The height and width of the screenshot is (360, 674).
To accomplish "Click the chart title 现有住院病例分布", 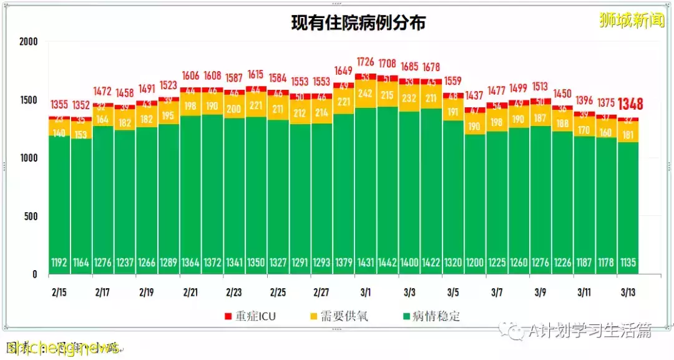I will coord(359,23).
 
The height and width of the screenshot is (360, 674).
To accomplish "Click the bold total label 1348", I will coord(630,104).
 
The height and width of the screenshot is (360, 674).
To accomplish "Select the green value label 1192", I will coord(60,263).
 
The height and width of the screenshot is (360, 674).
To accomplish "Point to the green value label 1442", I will coord(388,263).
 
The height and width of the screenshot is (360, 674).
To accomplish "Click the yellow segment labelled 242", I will coord(366,94).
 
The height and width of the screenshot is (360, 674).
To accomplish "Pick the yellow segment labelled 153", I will coord(82,135).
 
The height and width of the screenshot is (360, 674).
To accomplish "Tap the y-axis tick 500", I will coord(31,216).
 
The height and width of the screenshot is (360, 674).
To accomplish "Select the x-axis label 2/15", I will coord(60,291).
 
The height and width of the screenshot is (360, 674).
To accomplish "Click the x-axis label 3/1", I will coord(366,291).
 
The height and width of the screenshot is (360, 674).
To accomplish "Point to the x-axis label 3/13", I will coord(628,291).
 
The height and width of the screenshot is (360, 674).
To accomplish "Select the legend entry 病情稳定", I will coord(432,316).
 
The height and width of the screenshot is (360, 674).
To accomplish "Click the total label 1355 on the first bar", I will coord(60,104).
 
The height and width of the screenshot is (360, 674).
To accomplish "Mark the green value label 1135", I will coord(628,263).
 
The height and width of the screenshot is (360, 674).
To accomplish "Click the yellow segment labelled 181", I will coord(628,135).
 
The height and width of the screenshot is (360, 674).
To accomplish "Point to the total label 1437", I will coord(475,96).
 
